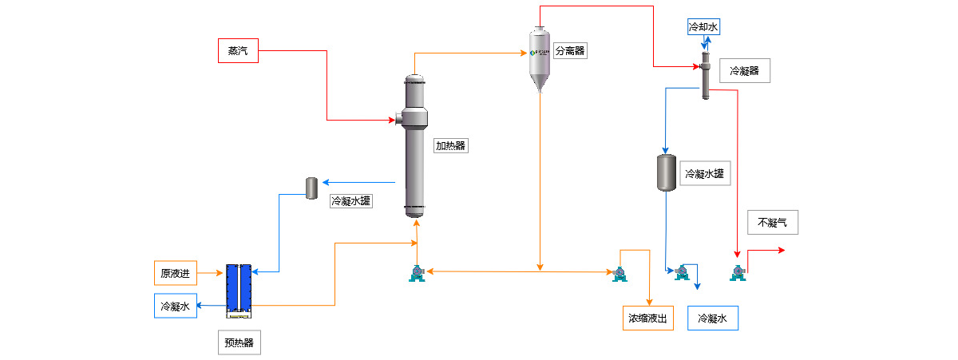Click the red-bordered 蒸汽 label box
238,50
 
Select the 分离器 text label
570,51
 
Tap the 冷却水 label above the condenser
703,27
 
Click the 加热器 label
450,146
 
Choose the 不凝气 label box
772,223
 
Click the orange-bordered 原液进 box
176,273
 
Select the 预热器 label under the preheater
239,342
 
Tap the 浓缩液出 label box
647,318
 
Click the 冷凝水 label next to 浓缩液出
713,318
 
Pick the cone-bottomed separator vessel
540,59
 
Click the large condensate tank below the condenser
666,172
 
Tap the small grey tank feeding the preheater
312,188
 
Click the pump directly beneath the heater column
416,273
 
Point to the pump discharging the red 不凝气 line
738,273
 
